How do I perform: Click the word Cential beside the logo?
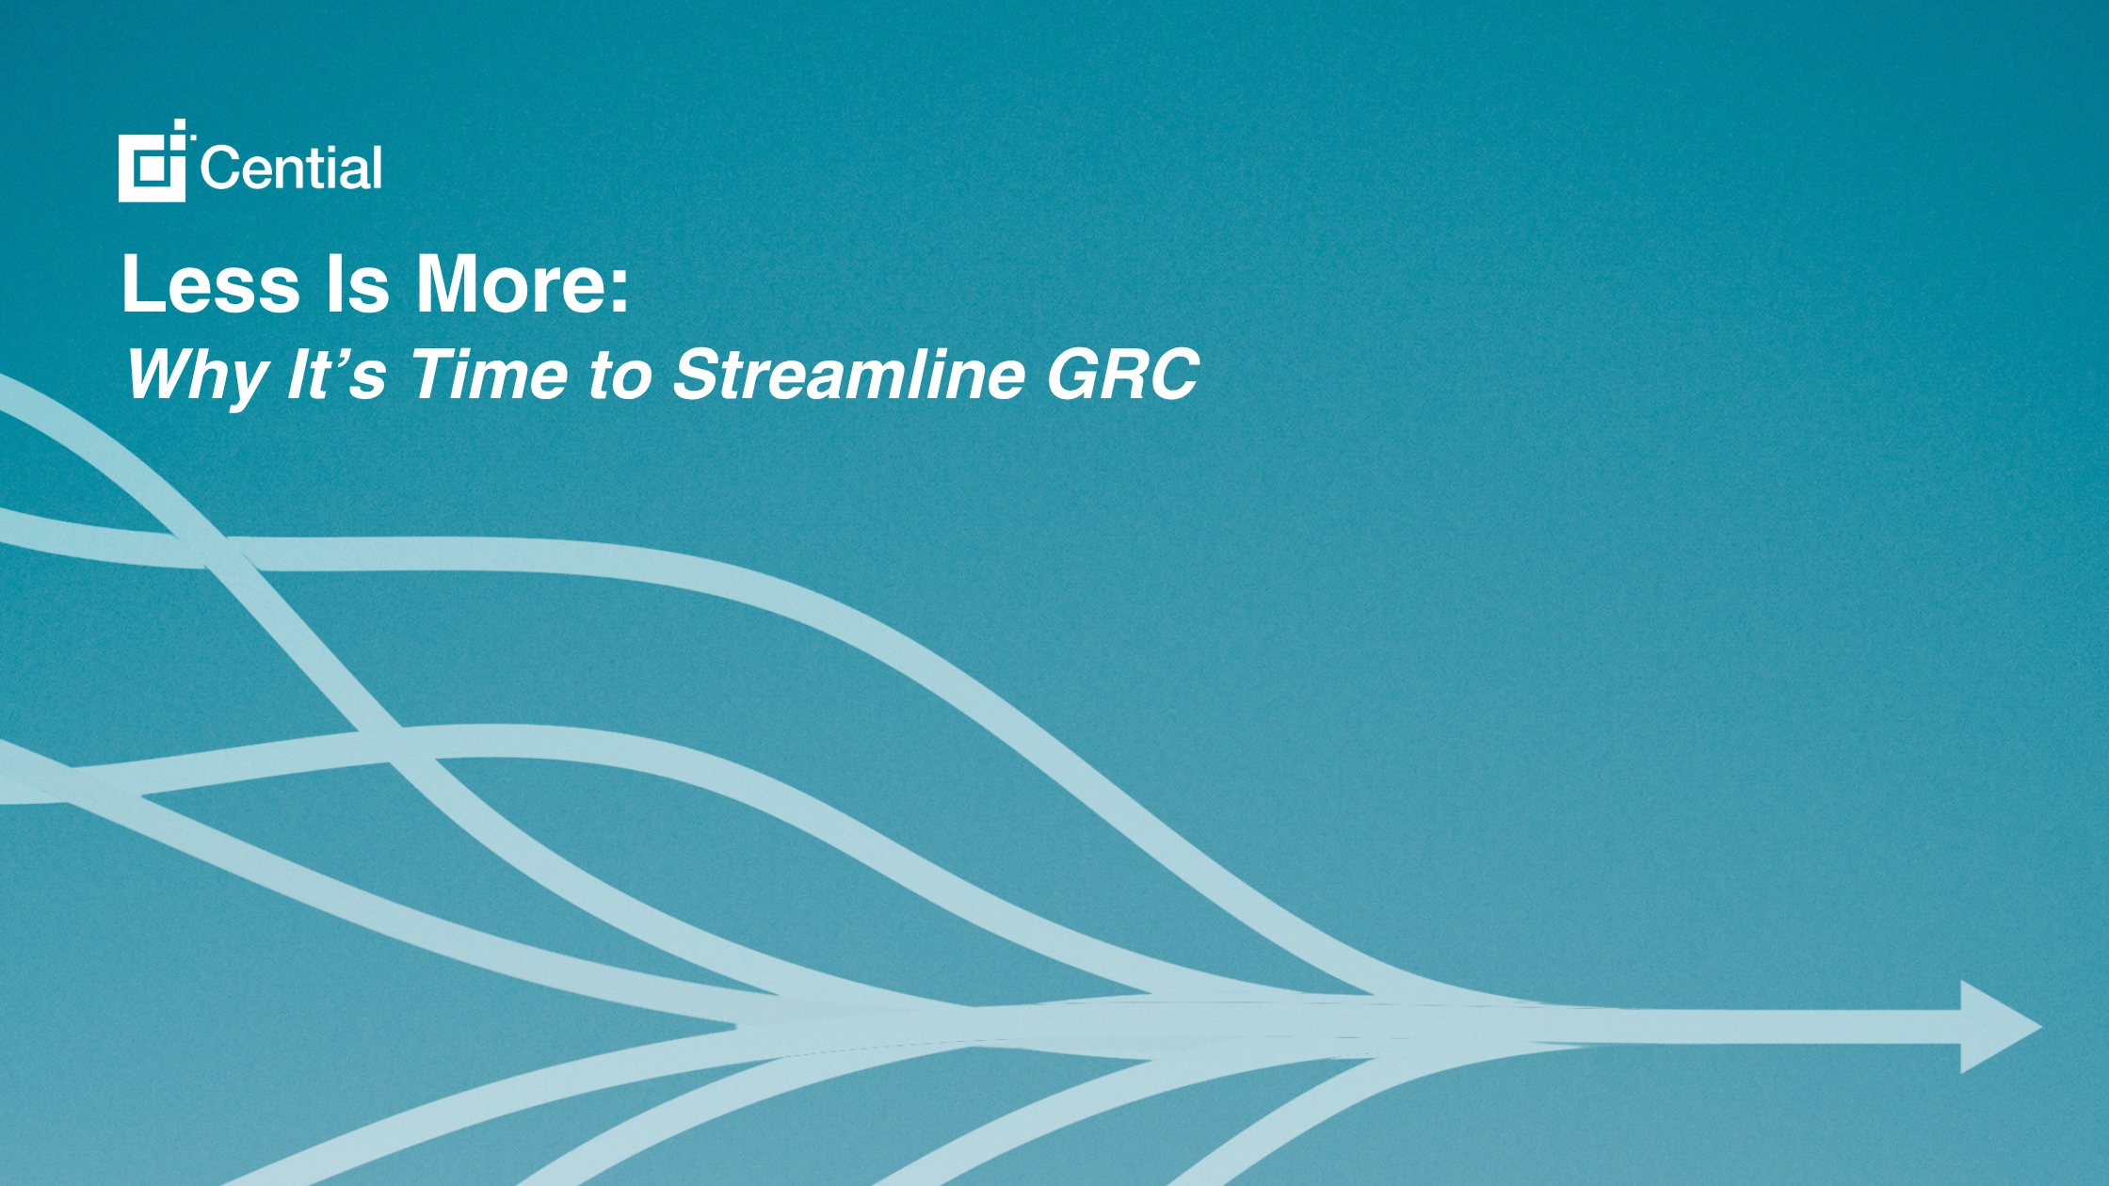291,168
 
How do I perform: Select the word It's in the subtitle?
335,373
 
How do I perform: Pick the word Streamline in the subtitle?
847,373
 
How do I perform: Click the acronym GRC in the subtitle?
1121,373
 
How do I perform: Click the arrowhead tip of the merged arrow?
2041,1026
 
